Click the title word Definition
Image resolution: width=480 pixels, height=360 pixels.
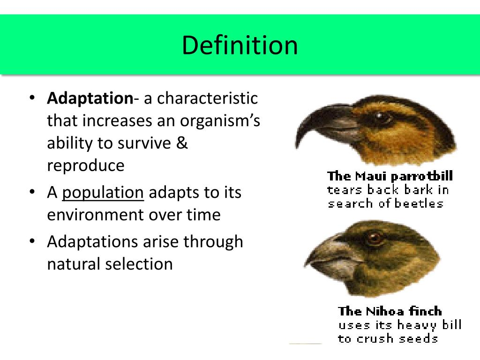[x=240, y=45]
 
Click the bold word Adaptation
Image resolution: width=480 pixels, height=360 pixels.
[x=90, y=98]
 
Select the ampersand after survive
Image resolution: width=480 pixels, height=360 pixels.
[x=182, y=142]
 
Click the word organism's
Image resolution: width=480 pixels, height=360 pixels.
[x=220, y=120]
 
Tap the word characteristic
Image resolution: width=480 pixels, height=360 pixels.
[x=207, y=98]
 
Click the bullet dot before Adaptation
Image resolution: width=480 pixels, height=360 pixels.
[x=32, y=98]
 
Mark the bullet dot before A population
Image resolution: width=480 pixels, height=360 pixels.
[x=32, y=192]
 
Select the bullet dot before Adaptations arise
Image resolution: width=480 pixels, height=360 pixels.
[x=32, y=241]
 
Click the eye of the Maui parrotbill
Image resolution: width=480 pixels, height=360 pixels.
[x=379, y=116]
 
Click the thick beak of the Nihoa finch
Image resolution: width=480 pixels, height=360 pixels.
[x=332, y=257]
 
